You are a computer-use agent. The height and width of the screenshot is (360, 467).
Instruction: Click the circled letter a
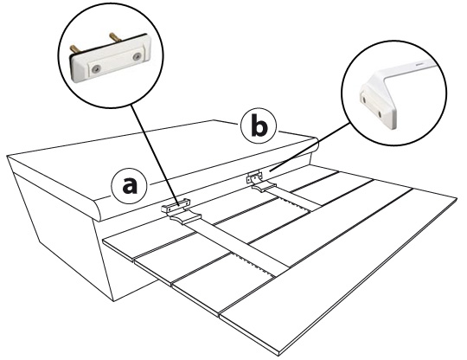click(x=129, y=186)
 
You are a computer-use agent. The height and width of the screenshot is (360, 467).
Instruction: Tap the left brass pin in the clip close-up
click(x=74, y=49)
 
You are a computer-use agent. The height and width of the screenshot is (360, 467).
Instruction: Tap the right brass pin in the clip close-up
click(x=115, y=37)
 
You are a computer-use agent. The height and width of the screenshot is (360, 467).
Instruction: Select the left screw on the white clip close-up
click(x=95, y=69)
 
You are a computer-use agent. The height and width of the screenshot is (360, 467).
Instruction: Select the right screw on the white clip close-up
click(x=137, y=56)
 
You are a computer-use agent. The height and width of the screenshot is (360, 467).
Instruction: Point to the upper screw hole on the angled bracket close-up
click(x=362, y=98)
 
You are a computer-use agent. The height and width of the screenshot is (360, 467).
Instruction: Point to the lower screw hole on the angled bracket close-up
click(x=380, y=113)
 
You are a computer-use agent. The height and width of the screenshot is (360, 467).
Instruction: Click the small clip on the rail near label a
click(x=176, y=205)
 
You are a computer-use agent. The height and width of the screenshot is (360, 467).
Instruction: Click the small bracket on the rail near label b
click(x=253, y=178)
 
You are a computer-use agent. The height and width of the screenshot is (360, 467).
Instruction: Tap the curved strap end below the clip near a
click(x=186, y=218)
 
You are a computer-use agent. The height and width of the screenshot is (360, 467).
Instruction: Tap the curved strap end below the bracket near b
click(x=265, y=187)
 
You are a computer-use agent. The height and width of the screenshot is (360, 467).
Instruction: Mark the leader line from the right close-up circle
click(x=310, y=147)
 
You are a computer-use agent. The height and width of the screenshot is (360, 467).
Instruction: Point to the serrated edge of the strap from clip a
click(x=253, y=263)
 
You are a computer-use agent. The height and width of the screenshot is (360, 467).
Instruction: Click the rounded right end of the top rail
click(x=315, y=145)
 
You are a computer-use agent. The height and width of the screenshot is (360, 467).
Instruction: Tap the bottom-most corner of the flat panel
click(x=278, y=355)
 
